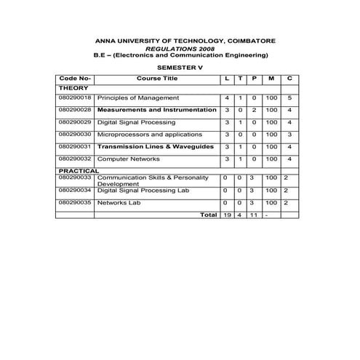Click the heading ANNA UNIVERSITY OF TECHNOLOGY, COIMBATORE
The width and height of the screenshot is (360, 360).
[180, 40]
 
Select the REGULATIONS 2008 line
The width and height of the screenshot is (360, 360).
[180, 48]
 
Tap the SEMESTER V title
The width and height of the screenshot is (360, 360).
[180, 67]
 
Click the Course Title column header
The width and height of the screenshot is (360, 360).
[156, 78]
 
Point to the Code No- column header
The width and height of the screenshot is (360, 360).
[75, 78]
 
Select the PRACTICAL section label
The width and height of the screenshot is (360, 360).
[79, 170]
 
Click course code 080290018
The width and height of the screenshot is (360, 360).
[75, 97]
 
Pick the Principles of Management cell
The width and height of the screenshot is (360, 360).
[137, 97]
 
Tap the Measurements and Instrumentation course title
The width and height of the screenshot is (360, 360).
[156, 110]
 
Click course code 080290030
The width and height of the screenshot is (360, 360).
[75, 135]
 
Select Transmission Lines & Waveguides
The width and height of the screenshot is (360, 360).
[155, 147]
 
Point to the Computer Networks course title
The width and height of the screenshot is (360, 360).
[129, 159]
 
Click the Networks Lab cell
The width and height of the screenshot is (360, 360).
[117, 202]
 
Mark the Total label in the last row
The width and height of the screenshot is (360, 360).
[208, 215]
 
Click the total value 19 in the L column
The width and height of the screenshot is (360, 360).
[228, 215]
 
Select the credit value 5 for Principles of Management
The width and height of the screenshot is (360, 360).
[289, 97]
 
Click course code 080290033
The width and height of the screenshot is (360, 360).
[75, 177]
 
